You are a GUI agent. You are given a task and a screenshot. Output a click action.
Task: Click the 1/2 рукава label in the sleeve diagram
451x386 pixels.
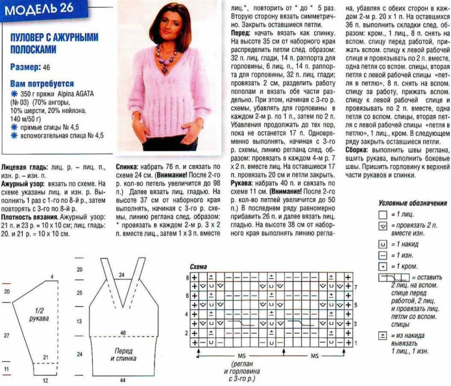coord(40,316)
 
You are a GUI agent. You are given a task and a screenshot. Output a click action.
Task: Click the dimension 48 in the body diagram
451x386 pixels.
coord(122,333)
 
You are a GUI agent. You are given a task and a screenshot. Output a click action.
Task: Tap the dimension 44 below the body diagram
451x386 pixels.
coord(121,380)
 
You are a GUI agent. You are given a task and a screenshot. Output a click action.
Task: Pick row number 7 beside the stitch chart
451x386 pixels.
coord(356,287)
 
